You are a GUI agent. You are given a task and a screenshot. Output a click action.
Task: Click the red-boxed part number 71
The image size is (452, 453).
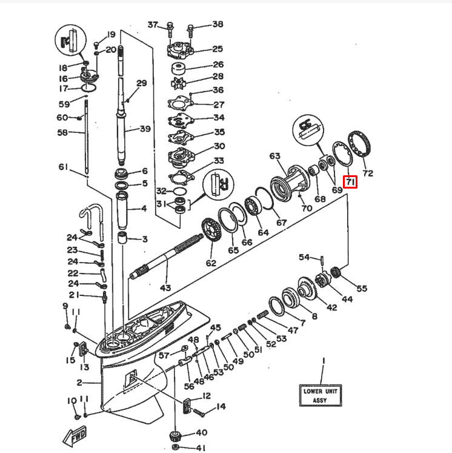tap(351, 181)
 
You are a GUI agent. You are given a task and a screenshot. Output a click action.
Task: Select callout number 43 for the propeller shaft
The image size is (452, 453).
tap(165, 287)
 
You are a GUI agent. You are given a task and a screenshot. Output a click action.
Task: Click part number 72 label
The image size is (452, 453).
tap(368, 173)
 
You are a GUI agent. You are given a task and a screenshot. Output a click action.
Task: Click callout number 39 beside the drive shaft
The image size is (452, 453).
tap(145, 129)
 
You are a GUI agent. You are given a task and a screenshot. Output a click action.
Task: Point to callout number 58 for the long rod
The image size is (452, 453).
tap(62, 132)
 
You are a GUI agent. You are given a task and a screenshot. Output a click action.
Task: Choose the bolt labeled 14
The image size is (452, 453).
tap(200, 412)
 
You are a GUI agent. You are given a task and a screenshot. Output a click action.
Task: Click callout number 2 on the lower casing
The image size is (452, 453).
tap(79, 382)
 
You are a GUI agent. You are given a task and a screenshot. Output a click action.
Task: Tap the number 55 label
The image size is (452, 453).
tap(362, 288)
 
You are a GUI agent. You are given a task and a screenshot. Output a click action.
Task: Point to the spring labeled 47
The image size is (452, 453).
tap(262, 315)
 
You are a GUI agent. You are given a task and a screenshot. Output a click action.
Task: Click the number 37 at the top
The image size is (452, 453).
tap(153, 25)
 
